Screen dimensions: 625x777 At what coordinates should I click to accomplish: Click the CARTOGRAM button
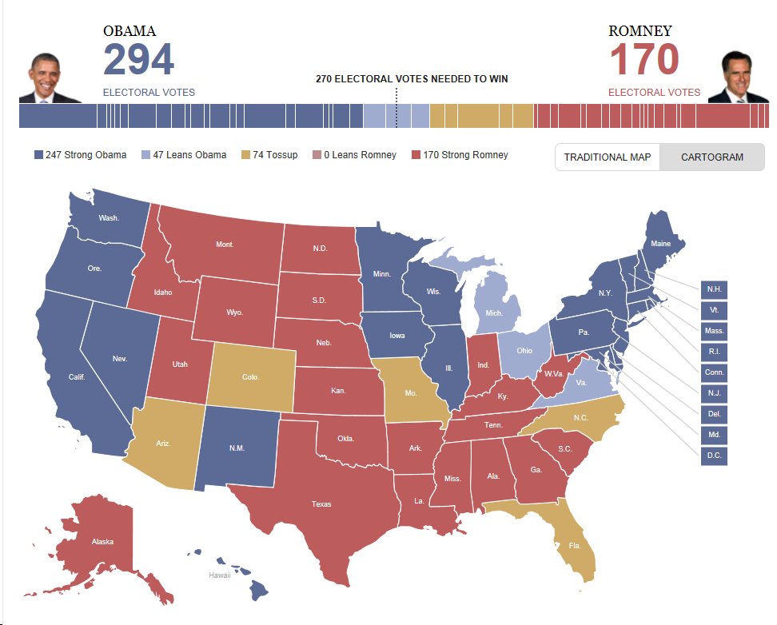[x=711, y=157]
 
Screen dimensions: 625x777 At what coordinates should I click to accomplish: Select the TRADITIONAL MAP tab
[x=608, y=157]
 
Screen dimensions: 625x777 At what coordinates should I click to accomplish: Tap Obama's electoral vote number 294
[x=138, y=61]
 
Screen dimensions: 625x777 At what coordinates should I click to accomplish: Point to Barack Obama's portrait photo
[x=50, y=78]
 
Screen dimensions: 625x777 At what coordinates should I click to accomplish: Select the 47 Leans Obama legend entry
[x=183, y=155]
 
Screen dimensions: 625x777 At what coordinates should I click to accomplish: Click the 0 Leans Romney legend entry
[x=353, y=155]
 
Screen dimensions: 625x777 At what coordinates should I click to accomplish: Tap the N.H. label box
[x=713, y=289]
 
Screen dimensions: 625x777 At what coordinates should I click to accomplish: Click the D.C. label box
[x=713, y=456]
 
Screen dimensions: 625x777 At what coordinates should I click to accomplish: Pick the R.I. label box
[x=713, y=351]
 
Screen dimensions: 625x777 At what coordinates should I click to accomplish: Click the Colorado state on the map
[x=250, y=376]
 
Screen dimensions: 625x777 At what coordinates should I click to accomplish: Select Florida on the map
[x=574, y=546]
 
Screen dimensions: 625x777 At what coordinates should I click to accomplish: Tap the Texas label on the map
[x=321, y=504]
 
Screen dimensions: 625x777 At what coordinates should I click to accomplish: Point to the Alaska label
[x=102, y=542]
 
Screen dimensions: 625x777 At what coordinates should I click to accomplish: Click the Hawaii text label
[x=219, y=575]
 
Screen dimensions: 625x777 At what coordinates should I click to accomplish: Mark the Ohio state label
[x=524, y=351]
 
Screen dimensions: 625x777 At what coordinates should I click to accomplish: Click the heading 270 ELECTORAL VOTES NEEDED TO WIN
[x=412, y=79]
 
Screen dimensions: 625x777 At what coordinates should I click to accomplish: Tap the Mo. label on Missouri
[x=411, y=394]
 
